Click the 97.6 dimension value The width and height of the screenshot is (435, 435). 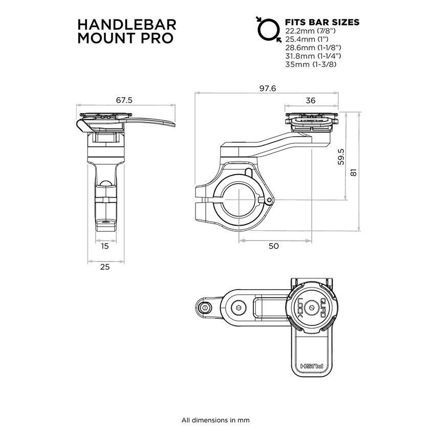tap(267, 89)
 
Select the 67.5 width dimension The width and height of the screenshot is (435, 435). tap(124, 100)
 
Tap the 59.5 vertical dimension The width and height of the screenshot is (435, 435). tap(341, 157)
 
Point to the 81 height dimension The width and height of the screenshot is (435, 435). tap(354, 173)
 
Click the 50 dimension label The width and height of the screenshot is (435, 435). tap(274, 246)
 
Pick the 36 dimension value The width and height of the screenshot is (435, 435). tap(310, 101)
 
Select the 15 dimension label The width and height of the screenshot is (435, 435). tap(105, 246)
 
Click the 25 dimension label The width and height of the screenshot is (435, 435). tap(105, 267)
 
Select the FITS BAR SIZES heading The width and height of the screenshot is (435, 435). tap(322, 23)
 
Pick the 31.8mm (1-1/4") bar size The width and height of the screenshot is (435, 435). tap(313, 56)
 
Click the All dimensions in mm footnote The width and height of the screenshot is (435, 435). tap(215, 420)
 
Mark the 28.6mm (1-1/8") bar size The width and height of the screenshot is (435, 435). tap(313, 48)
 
